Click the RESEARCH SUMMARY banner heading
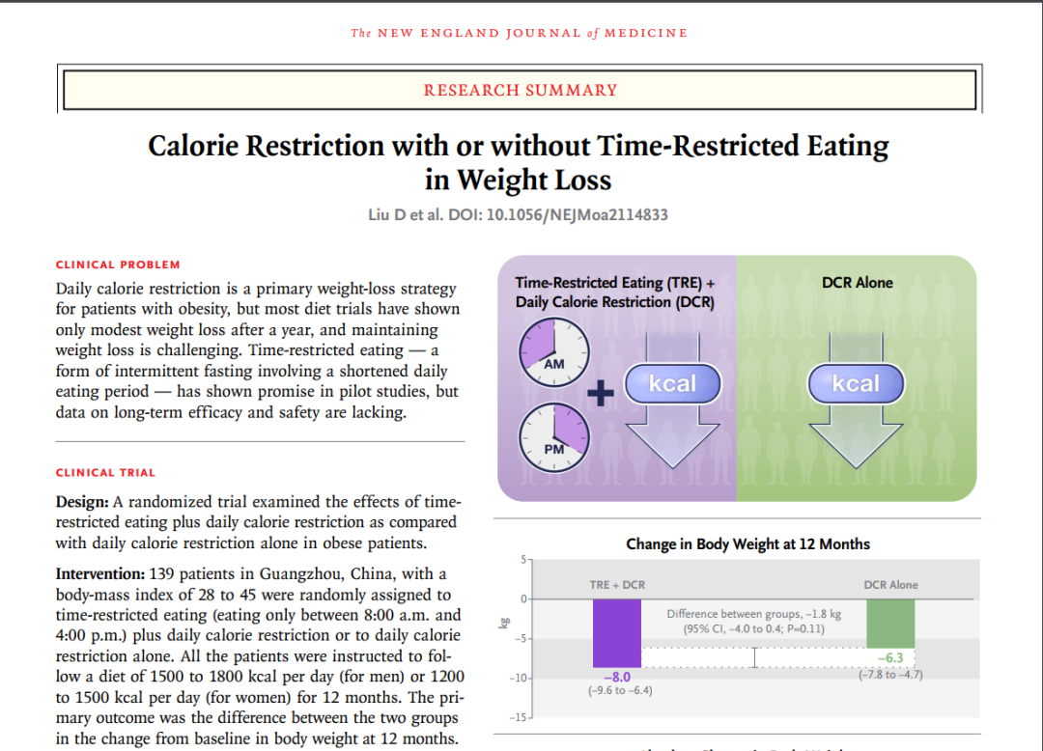click(521, 91)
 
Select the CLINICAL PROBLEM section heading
click(118, 264)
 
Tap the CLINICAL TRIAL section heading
click(105, 473)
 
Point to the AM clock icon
click(553, 352)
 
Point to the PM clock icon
click(553, 436)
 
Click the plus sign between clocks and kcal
click(601, 395)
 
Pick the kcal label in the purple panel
click(672, 384)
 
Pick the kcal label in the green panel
click(856, 384)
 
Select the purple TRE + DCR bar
click(616, 633)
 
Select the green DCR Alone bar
click(889, 624)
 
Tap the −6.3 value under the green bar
click(889, 658)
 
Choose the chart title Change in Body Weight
click(747, 544)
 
